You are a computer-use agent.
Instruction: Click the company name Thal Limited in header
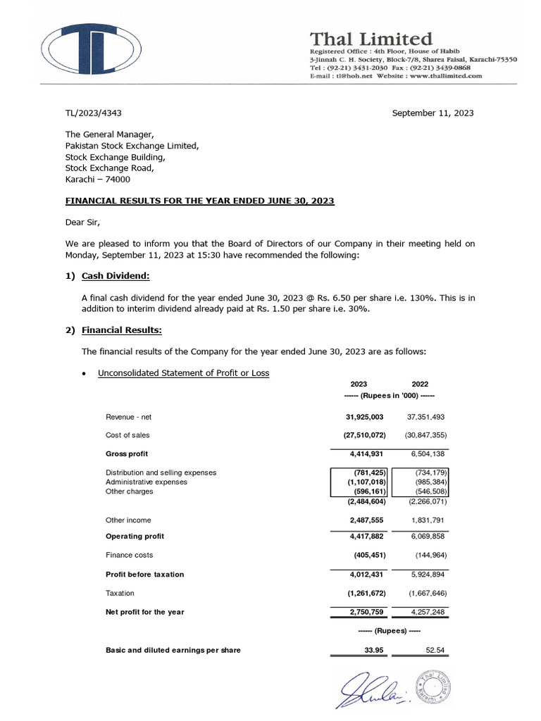tap(371, 38)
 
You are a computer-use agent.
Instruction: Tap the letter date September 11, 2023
tap(433, 113)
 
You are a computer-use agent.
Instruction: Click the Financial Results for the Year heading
tap(200, 201)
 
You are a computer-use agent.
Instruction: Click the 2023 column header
tap(359, 384)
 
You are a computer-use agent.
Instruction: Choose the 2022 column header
tap(420, 384)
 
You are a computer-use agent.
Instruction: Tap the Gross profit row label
tap(127, 453)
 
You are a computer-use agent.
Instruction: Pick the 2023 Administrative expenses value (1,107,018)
tap(362, 482)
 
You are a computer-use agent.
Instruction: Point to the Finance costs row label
tap(128, 555)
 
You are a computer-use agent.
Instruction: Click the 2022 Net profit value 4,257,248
tap(426, 612)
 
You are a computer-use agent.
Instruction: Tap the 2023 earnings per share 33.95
tap(373, 650)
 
